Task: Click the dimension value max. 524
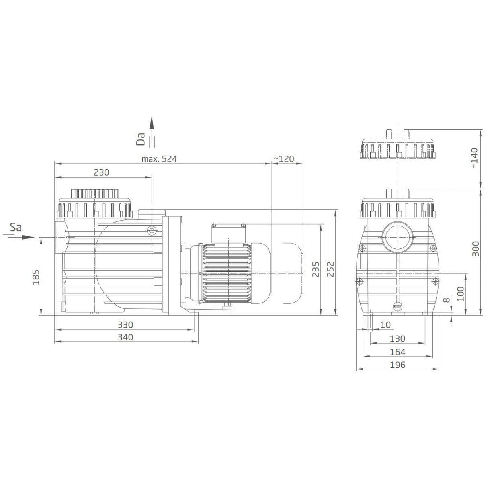[159, 159]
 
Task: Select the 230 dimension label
[101, 172]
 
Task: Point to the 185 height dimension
[36, 277]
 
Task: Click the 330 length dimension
[125, 324]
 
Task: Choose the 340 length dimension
[125, 337]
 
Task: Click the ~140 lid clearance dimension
[475, 158]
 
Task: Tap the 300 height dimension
[475, 249]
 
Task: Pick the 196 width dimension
[398, 365]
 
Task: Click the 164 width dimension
[398, 352]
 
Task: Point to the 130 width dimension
[398, 339]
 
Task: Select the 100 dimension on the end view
[461, 294]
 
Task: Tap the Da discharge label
[141, 139]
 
